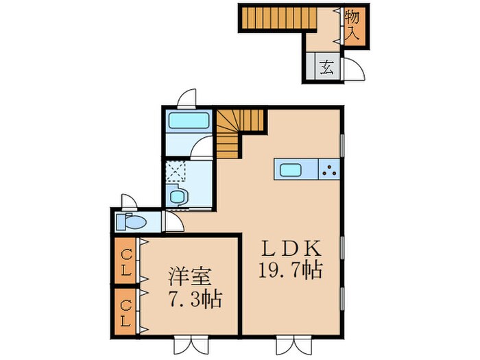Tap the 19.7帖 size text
coord(291,269)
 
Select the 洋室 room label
coord(191,279)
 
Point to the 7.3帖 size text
coord(195,299)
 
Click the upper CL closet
coord(125,260)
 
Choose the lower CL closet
coord(125,311)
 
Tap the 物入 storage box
coord(352,24)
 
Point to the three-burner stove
coord(331,169)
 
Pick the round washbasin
coord(177,197)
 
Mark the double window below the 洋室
coord(187,346)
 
